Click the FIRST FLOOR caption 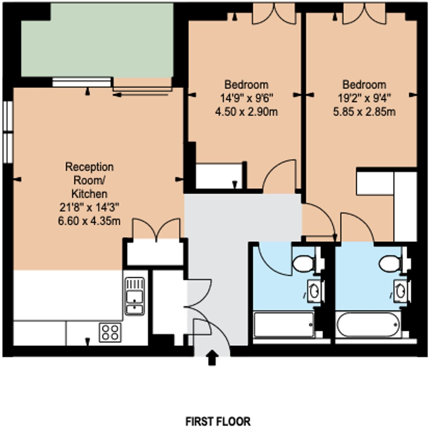point(218,421)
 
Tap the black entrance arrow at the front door point(212,358)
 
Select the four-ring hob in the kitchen point(110,332)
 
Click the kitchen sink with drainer point(135,296)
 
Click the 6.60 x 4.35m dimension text point(89,221)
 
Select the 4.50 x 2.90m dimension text point(246,112)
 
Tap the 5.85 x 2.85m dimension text point(364,112)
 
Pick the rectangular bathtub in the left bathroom point(284,325)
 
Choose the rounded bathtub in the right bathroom point(368,325)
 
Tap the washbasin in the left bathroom point(314,291)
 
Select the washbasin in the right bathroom point(401,291)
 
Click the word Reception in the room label point(89,167)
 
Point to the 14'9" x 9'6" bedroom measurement point(246,98)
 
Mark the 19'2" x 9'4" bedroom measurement point(364,98)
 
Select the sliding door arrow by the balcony point(140,95)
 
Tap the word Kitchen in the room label point(89,194)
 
